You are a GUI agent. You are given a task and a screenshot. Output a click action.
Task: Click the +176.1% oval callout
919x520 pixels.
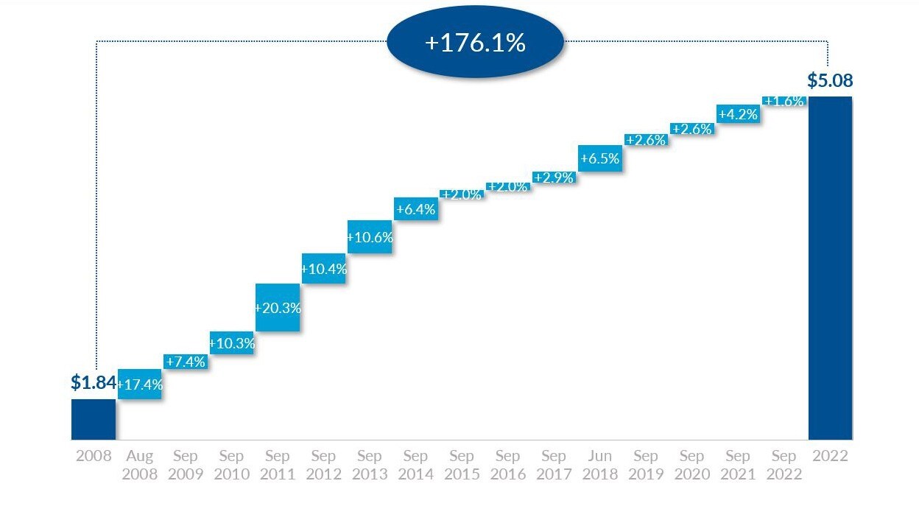coord(475,43)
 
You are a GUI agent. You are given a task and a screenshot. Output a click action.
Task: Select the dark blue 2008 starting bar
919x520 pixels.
coord(94,419)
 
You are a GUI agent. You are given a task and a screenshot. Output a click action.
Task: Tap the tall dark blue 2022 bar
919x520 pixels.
coord(830,268)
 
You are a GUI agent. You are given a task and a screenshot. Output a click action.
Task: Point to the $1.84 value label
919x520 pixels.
coord(94,382)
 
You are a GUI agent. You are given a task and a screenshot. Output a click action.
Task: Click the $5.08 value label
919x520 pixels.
coord(830,80)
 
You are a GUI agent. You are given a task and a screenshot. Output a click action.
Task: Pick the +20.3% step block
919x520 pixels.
coord(278,308)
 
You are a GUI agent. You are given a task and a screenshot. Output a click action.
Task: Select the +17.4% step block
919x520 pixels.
coord(140,384)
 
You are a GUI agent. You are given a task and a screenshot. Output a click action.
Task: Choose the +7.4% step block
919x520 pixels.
coord(186,362)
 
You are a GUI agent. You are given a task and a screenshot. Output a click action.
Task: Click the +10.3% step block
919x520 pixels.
coord(232,342)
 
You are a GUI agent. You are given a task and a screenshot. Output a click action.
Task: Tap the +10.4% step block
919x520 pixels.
coord(324,269)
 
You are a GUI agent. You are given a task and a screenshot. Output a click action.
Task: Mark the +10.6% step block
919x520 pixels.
coord(370,237)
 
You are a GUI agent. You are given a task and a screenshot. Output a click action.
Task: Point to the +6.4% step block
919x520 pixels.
coord(416,209)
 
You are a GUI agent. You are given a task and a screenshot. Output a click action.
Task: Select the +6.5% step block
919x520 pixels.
coord(600,158)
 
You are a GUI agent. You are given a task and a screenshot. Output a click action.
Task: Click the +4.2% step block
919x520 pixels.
coord(738,113)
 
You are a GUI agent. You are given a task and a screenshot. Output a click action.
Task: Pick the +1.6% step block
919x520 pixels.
coord(784,102)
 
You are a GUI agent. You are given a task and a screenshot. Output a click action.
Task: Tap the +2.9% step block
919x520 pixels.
coord(554,178)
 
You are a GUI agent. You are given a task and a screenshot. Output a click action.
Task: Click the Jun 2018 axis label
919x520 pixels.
coord(600,465)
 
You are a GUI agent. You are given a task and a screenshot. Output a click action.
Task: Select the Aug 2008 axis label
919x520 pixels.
coord(140,465)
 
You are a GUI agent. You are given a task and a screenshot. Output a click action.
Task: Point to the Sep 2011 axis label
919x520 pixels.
coord(278,465)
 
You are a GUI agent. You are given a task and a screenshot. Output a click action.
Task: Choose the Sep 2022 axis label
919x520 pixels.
coord(784,465)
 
